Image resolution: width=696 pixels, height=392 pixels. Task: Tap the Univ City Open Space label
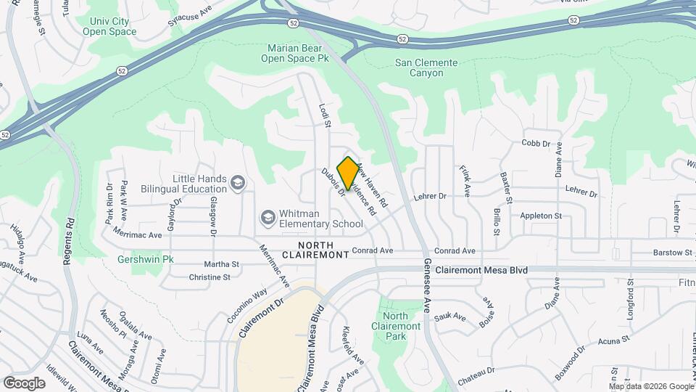109,27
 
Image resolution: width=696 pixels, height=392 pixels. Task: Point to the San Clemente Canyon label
426,68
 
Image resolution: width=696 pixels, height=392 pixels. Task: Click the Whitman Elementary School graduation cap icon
268,218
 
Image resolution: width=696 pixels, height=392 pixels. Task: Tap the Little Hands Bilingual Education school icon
238,184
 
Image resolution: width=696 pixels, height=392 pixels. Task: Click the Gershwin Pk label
147,259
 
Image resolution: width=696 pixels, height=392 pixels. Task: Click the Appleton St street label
541,216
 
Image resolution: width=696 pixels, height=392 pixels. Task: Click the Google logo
24,383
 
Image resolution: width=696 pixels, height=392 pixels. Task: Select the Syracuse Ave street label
183,21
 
